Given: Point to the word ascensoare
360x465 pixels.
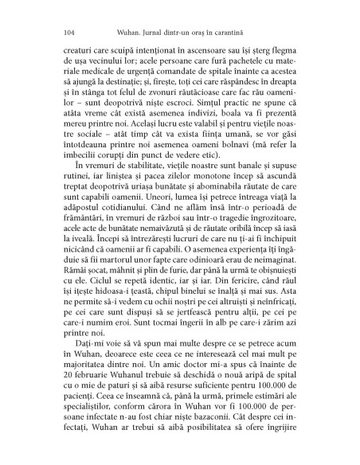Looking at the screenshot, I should point(190,49).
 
